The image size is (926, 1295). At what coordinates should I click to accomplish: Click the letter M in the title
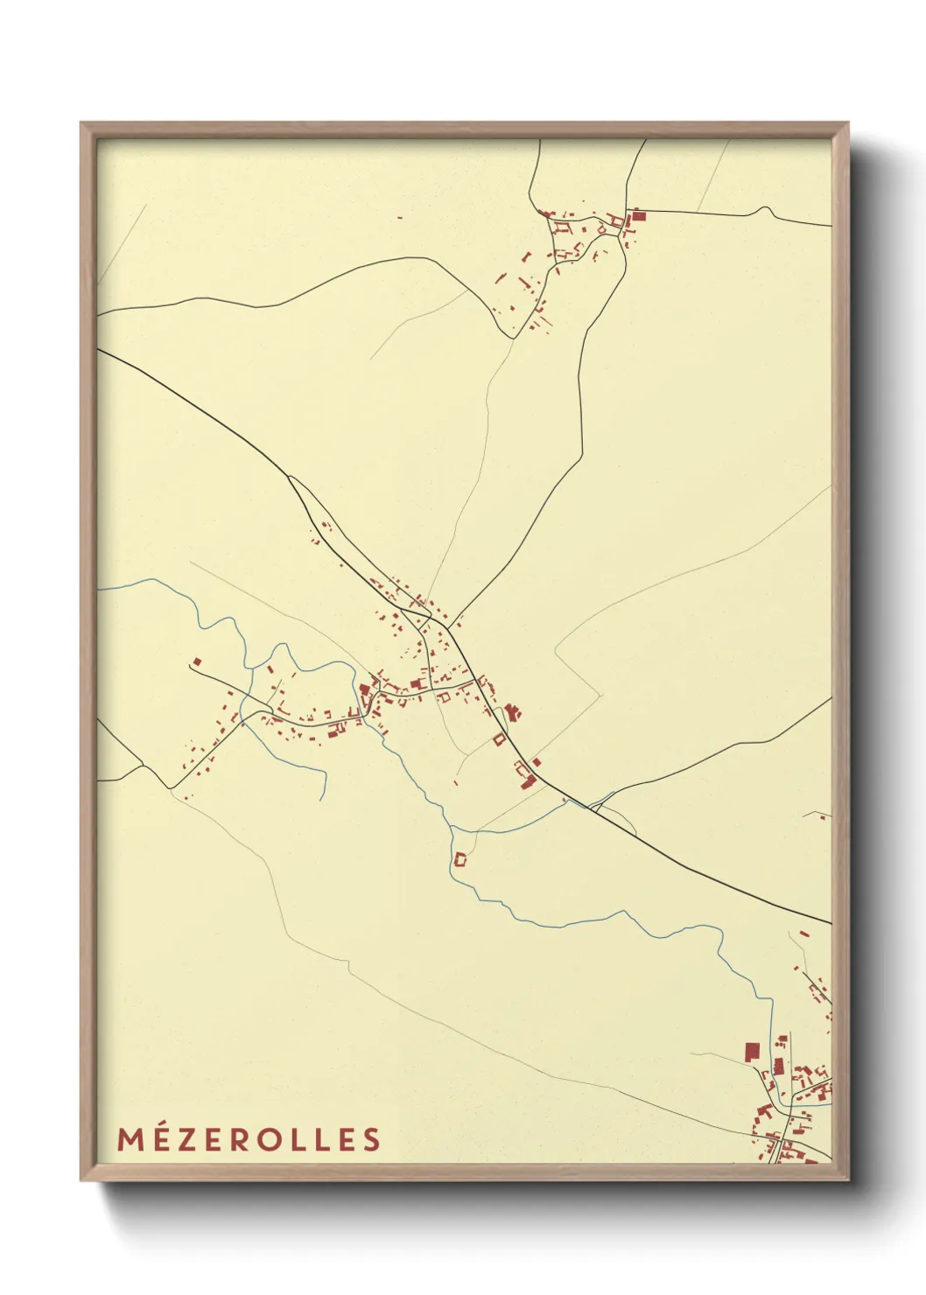tap(130, 1139)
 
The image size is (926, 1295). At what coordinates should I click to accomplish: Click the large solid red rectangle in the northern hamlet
tap(638, 215)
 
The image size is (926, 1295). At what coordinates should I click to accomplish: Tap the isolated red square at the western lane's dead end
tap(197, 662)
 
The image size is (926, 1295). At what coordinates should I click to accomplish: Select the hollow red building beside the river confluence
tap(460, 860)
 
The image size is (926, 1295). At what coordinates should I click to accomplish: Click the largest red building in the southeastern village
tap(750, 1051)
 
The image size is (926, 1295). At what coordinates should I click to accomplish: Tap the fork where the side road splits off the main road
tap(289, 478)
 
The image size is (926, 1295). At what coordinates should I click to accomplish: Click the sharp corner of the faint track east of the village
tap(600, 693)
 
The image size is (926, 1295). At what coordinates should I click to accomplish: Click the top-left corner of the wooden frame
tap(81, 123)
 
